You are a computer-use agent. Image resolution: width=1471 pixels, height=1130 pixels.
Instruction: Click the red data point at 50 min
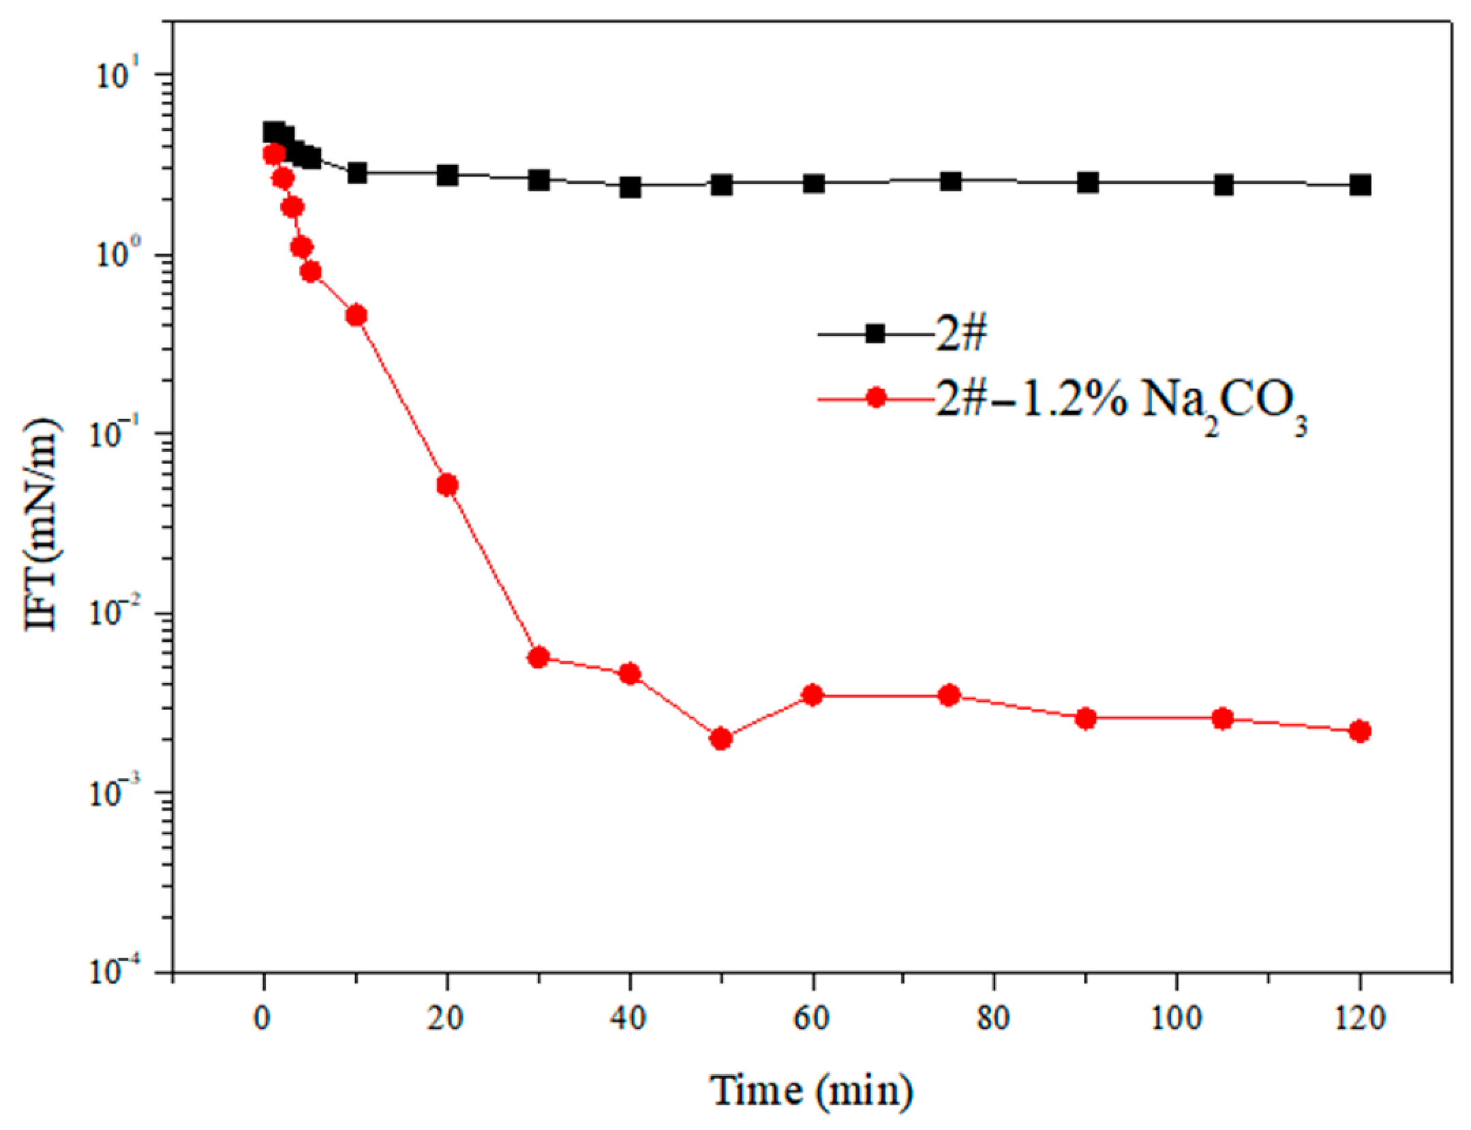[x=721, y=739]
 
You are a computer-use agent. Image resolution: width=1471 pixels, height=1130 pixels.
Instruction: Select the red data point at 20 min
[x=447, y=485]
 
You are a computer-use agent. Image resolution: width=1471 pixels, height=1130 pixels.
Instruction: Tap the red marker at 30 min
[x=539, y=658]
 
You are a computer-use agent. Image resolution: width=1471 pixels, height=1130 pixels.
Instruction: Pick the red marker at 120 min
[x=1360, y=731]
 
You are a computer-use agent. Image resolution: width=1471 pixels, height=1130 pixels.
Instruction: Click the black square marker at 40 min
[x=630, y=187]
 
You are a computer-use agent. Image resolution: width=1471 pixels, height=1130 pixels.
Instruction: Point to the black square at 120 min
[x=1360, y=185]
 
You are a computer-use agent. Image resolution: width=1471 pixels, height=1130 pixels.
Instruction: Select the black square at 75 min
[x=950, y=181]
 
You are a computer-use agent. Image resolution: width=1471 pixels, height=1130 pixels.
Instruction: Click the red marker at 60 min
[x=813, y=695]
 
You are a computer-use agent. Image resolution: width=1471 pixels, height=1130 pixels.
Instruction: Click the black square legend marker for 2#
[x=875, y=334]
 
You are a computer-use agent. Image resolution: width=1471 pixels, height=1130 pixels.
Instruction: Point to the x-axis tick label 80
[x=994, y=1018]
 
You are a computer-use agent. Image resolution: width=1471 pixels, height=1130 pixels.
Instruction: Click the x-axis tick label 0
[x=263, y=1018]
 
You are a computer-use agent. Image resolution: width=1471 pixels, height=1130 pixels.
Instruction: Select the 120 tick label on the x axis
[x=1360, y=1018]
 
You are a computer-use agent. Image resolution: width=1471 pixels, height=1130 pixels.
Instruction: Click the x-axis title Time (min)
[x=811, y=1090]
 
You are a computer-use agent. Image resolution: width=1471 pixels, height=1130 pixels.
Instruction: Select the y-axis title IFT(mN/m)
[x=42, y=525]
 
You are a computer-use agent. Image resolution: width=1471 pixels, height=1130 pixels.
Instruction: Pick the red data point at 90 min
[x=1086, y=719]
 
